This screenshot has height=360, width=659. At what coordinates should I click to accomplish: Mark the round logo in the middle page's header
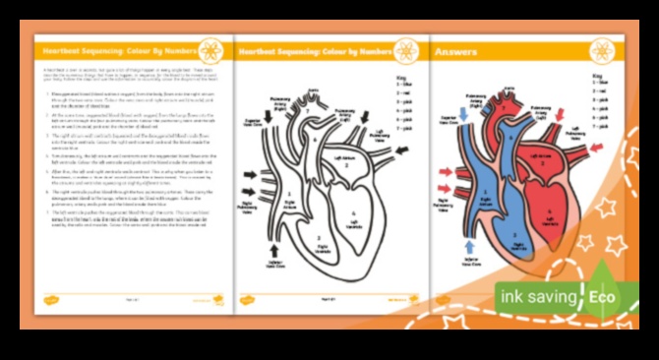point(404,49)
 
